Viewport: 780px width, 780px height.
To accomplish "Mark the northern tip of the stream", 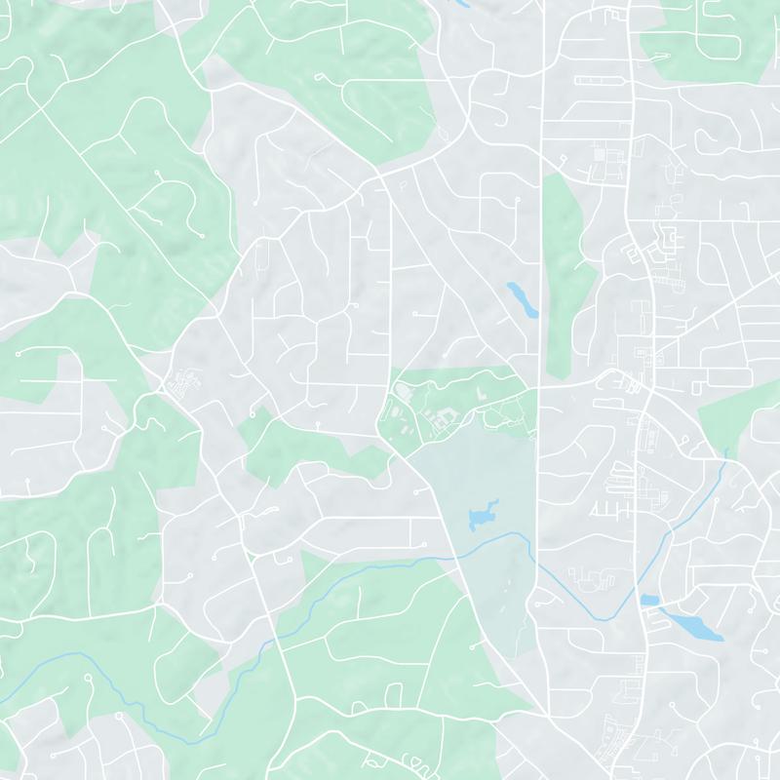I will pos(726,450).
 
